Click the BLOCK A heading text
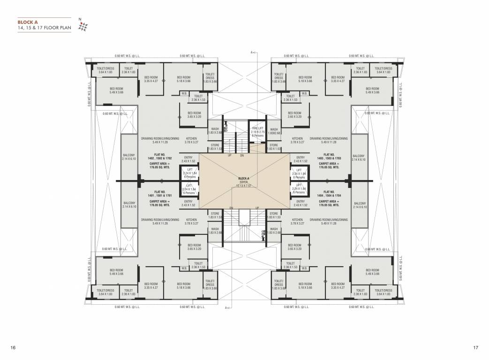(28, 22)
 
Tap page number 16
(13, 347)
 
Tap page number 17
(475, 347)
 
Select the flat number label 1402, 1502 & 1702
(159, 157)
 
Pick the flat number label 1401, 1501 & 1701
(159, 195)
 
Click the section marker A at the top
(252, 52)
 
